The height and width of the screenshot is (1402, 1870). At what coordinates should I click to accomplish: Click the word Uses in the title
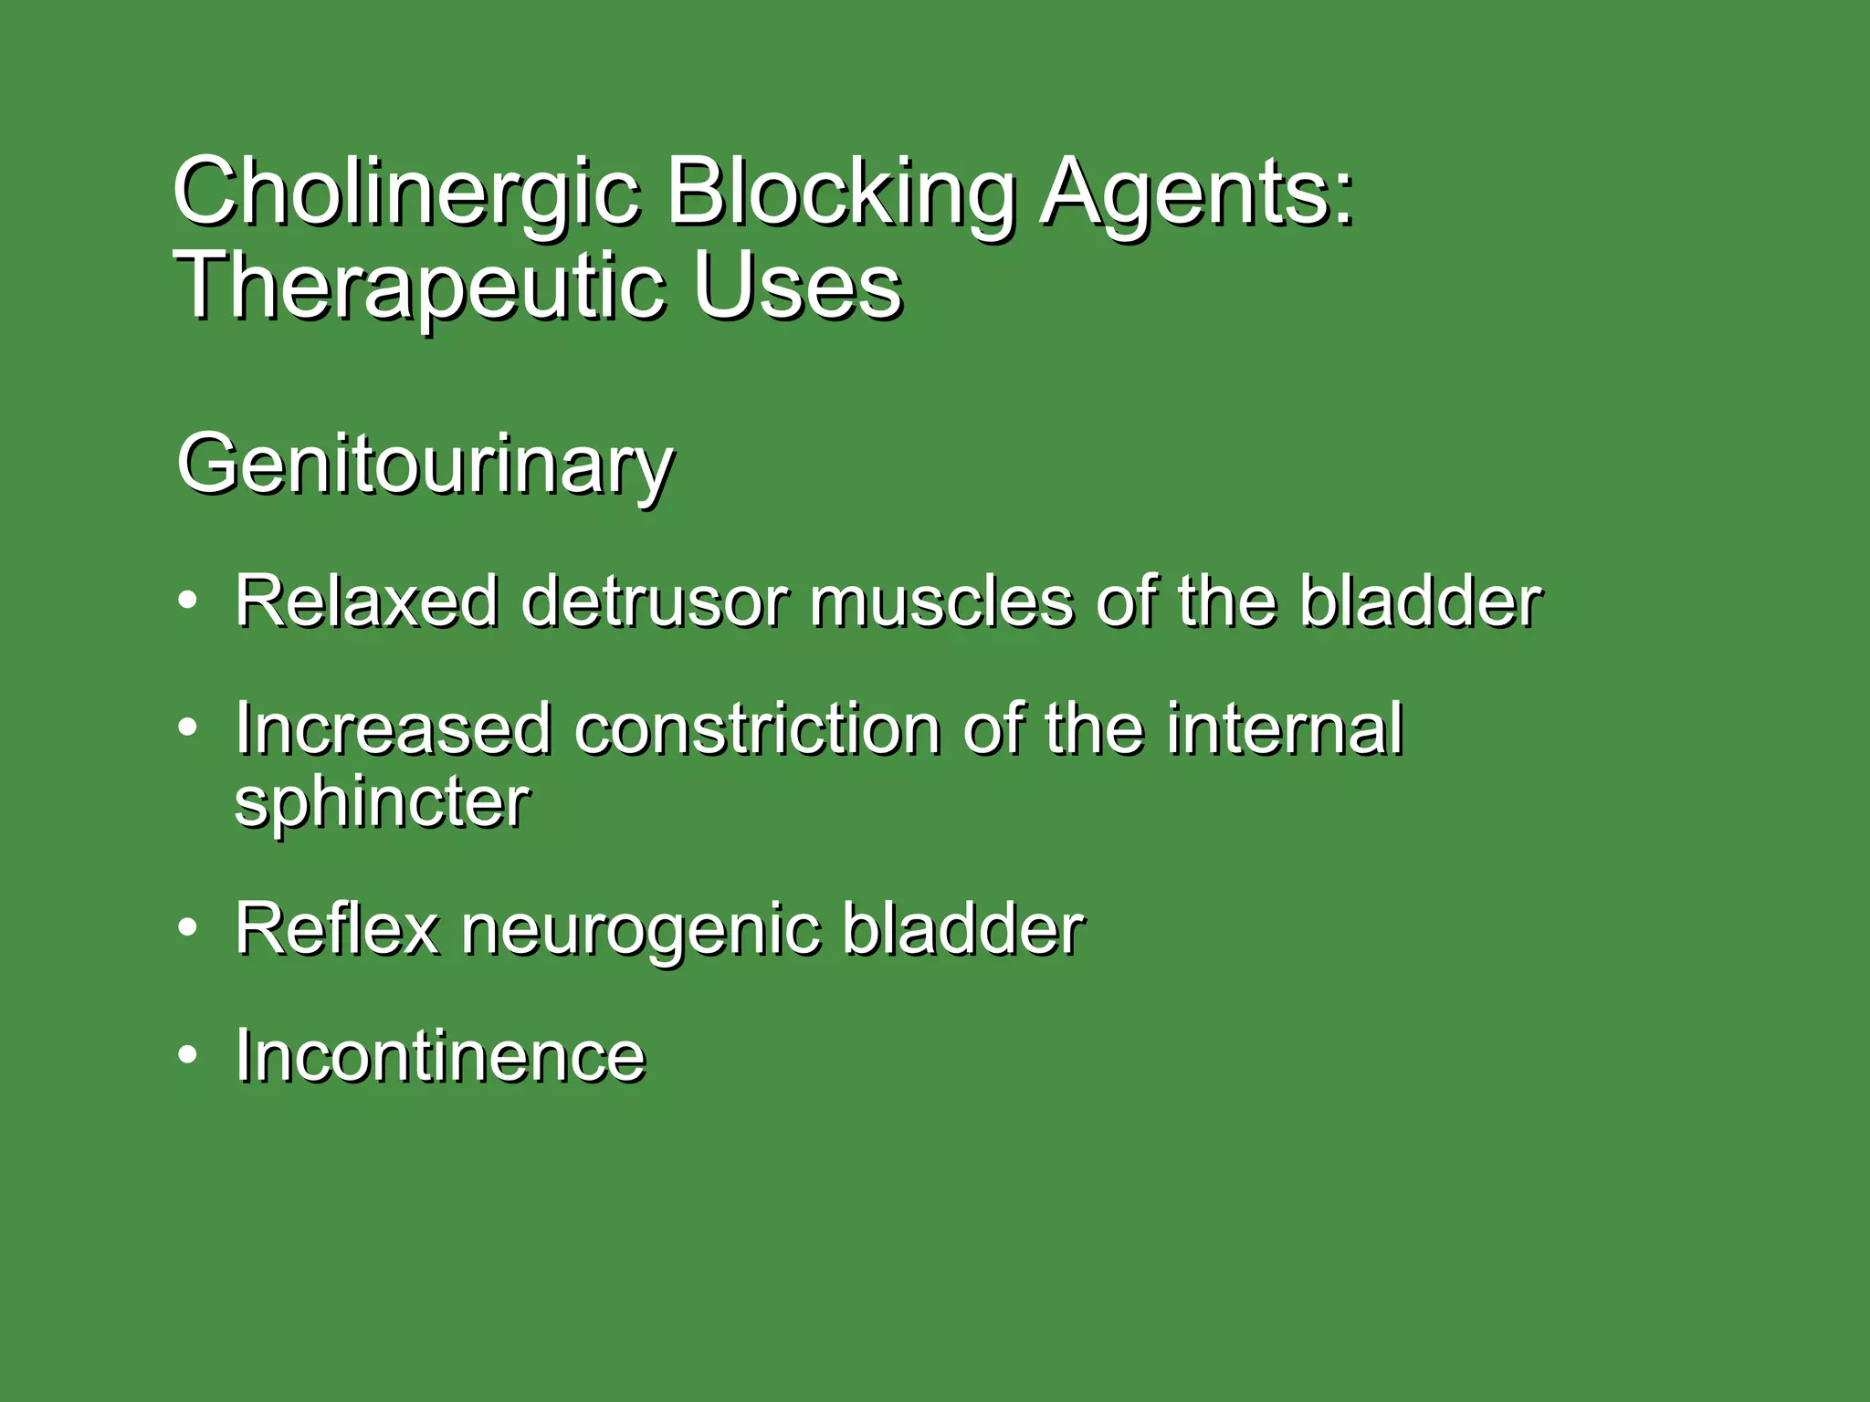797,287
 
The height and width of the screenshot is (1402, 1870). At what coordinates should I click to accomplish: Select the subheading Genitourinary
425,466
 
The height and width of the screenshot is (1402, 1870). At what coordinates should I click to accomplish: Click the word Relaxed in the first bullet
366,602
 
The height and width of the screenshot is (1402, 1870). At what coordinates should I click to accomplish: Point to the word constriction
757,729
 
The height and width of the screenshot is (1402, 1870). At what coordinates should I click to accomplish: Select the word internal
1284,729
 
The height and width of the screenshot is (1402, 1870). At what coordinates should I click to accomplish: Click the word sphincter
382,802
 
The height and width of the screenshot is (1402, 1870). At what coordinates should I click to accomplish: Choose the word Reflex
337,929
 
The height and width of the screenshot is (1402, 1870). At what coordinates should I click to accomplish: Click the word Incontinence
440,1056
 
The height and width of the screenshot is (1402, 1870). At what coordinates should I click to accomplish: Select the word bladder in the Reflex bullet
962,929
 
